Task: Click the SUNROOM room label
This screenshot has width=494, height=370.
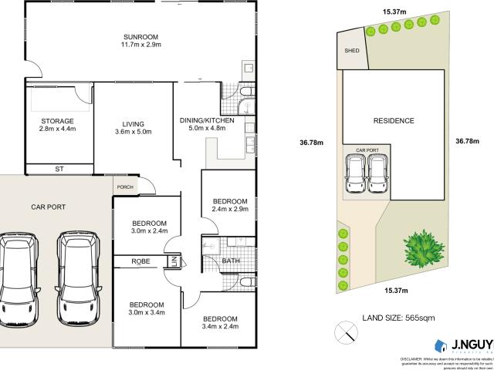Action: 140,36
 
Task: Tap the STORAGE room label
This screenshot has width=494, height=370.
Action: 58,121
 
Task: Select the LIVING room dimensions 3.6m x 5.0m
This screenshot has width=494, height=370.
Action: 132,132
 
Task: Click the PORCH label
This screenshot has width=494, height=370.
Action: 124,187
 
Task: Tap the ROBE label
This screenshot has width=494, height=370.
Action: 141,262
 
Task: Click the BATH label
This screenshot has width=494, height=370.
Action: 231,261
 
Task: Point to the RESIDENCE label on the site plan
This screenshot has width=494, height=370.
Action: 394,120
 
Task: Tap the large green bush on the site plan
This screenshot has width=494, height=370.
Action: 422,249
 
